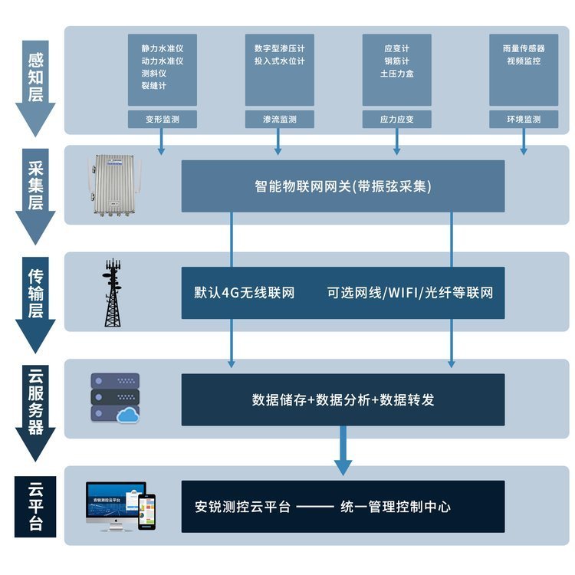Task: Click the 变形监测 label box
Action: click(x=162, y=119)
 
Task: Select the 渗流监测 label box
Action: click(x=279, y=119)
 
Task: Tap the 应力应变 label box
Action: click(x=396, y=119)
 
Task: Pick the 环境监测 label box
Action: click(x=524, y=119)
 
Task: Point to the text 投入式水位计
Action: click(x=279, y=61)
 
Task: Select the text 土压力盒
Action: click(x=396, y=74)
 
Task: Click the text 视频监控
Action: click(x=524, y=61)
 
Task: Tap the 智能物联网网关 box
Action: click(x=343, y=186)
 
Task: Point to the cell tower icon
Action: click(x=113, y=292)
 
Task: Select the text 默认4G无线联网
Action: click(x=244, y=293)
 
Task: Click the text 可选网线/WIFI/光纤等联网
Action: click(x=409, y=293)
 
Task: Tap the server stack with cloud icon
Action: click(x=116, y=399)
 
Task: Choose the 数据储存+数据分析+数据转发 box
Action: click(x=343, y=399)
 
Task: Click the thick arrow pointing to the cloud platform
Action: click(x=343, y=452)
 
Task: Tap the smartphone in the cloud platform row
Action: click(x=146, y=511)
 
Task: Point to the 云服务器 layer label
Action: click(x=35, y=400)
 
